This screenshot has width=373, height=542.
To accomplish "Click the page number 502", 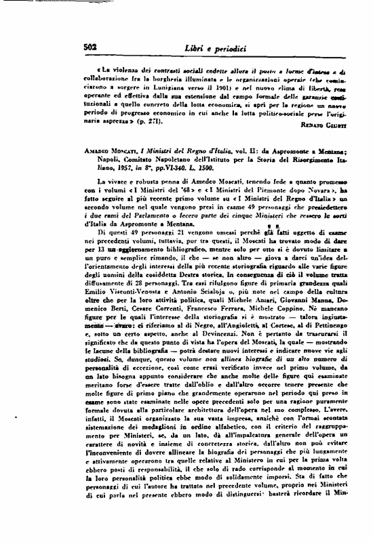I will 73,45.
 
